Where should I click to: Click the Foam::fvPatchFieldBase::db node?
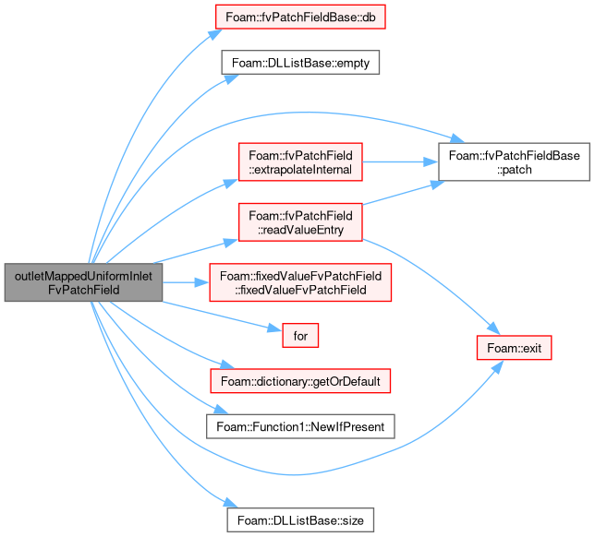300,17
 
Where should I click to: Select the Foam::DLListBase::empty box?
300,63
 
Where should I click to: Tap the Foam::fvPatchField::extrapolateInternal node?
300,162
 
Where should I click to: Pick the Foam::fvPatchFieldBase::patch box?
514,162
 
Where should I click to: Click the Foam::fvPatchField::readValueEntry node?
300,222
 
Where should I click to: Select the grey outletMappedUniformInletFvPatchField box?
83,282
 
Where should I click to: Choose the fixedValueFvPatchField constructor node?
300,282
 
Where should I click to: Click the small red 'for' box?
300,335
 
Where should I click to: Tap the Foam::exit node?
514,348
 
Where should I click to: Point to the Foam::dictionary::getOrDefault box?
300,381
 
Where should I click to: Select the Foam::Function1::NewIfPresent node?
300,426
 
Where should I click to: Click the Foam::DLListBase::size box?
300,520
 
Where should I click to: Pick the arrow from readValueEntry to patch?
403,193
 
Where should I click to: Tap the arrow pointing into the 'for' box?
222,316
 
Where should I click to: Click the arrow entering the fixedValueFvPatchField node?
186,282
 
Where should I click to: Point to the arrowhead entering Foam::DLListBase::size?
231,503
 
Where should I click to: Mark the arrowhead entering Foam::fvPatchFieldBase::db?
214,34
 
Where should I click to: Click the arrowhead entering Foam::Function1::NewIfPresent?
221,410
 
